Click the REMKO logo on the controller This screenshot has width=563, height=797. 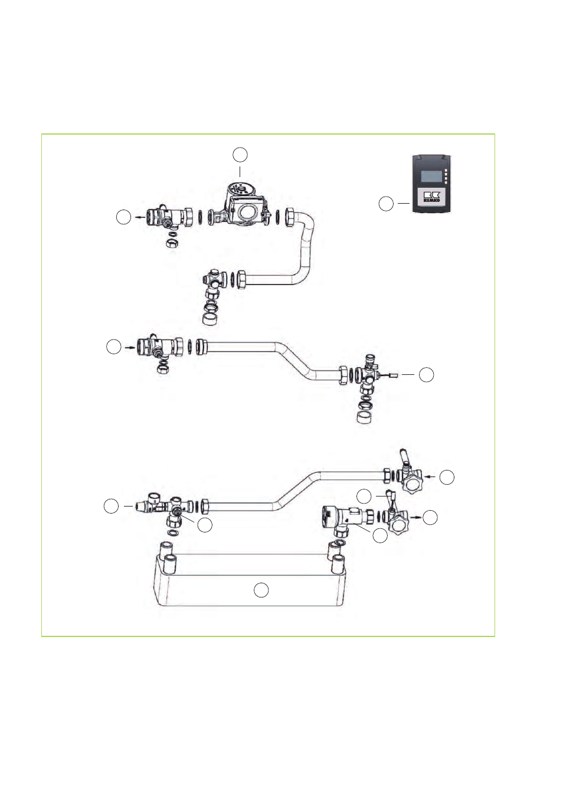(431, 197)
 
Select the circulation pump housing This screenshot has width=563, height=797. (244, 206)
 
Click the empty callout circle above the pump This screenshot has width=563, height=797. (240, 155)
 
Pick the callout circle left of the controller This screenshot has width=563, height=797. (386, 204)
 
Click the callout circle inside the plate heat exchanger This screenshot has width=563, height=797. (261, 590)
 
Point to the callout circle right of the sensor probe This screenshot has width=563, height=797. (426, 375)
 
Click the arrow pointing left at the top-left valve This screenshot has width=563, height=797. (140, 217)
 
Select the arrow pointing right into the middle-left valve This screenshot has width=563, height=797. (130, 347)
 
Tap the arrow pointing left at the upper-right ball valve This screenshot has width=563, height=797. (431, 476)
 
